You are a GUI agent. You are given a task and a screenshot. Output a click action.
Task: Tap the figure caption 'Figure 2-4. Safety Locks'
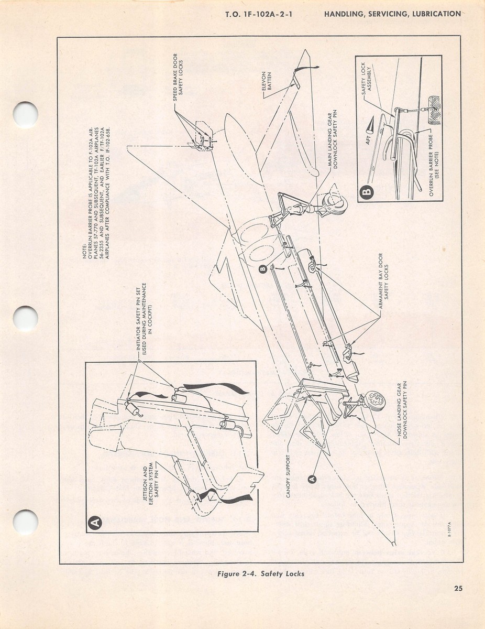[260, 573]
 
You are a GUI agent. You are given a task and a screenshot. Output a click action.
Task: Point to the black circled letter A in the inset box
[95, 522]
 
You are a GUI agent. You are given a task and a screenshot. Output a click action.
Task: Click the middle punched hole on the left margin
[26, 318]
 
